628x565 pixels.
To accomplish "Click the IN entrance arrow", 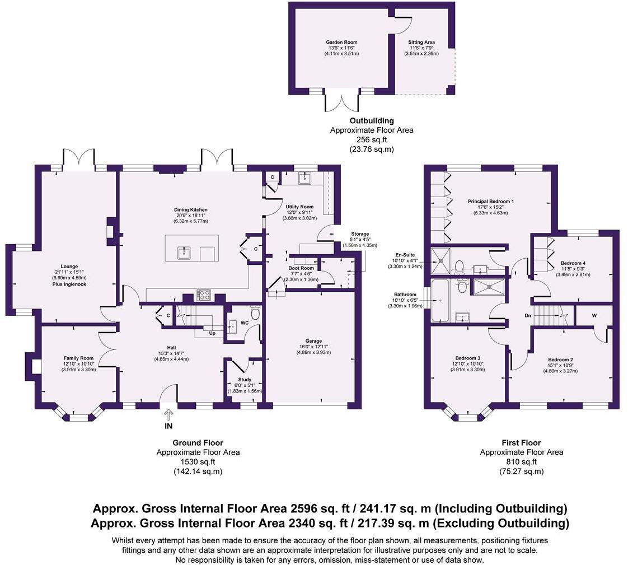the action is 168,414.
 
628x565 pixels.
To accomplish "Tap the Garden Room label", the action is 341,42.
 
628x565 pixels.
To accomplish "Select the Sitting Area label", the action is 421,42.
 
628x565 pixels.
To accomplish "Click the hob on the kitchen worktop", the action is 204,295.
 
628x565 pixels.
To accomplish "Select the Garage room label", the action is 313,341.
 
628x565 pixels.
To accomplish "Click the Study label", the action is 245,380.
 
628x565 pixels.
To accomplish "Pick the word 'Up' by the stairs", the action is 212,333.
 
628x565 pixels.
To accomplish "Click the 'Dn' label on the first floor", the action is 528,316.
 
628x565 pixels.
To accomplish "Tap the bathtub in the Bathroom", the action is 440,301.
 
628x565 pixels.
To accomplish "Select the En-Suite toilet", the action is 460,267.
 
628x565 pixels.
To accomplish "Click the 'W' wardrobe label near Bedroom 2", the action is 594,315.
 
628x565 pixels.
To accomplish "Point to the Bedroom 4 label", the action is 573,263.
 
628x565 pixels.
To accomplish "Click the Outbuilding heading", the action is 372,120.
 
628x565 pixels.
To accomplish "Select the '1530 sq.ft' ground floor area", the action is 198,462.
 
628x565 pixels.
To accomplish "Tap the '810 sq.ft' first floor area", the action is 521,462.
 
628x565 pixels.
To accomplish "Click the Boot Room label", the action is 301,268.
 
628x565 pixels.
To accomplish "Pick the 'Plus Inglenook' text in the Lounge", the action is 69,284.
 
